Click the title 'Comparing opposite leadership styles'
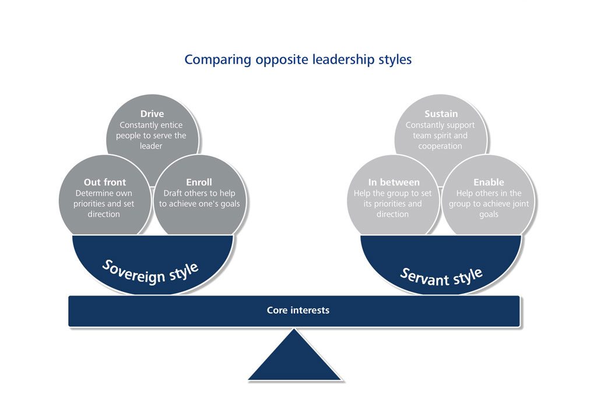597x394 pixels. (x=298, y=59)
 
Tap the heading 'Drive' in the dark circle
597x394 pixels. (x=152, y=114)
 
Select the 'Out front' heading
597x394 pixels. (x=105, y=182)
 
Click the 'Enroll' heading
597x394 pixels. (x=199, y=182)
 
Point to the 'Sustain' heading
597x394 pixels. (x=441, y=114)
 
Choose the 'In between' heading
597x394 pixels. (x=394, y=182)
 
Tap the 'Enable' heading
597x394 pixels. (x=489, y=182)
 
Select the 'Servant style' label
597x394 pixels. (x=441, y=276)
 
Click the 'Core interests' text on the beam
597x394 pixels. (x=298, y=310)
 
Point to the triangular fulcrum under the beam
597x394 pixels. (x=294, y=358)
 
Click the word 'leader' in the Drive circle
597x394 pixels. (x=151, y=146)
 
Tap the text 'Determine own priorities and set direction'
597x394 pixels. (x=104, y=203)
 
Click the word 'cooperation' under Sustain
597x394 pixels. (x=440, y=146)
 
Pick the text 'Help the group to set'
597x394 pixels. (x=393, y=193)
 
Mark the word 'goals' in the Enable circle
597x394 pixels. (x=489, y=214)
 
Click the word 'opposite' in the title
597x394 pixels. (x=276, y=59)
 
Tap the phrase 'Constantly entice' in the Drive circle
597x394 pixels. (x=151, y=125)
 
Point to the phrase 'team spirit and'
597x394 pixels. (x=440, y=135)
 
